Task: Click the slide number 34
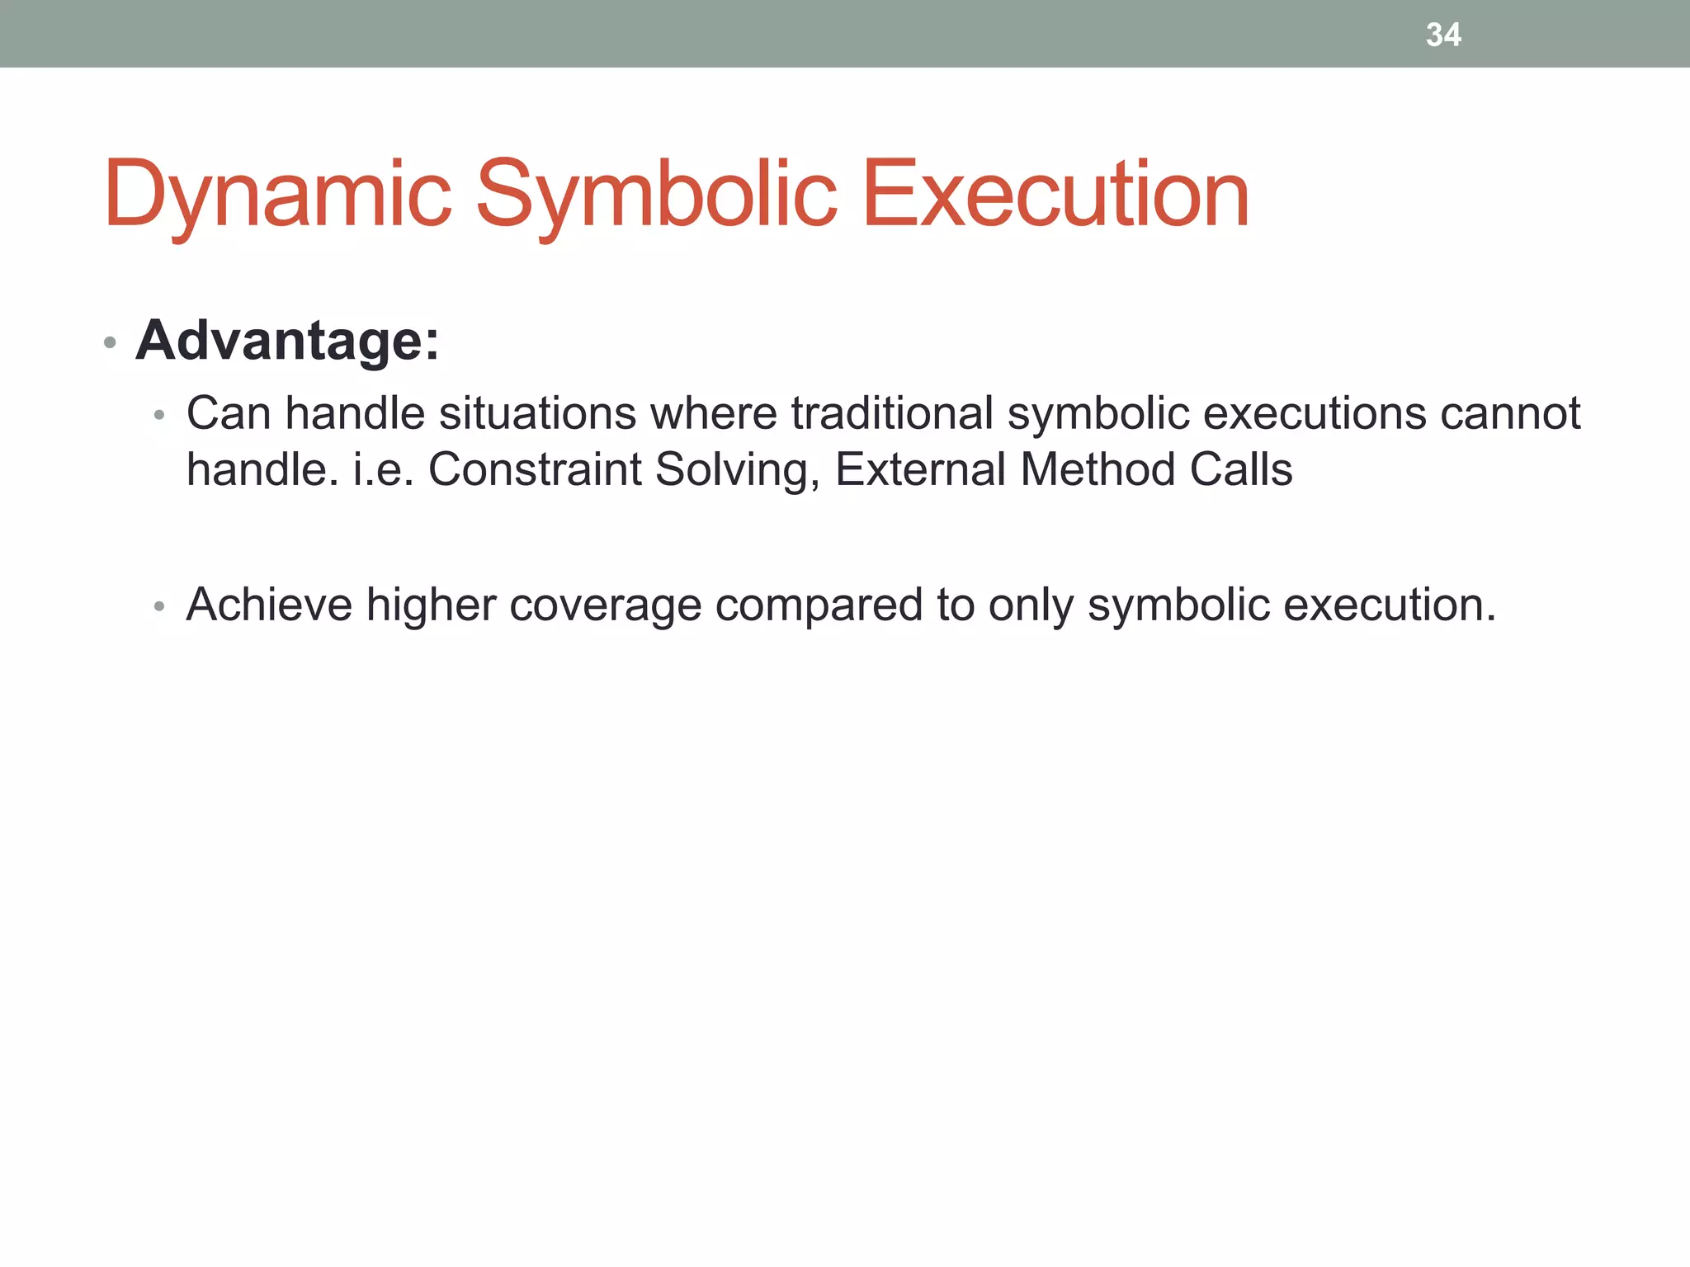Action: click(x=1443, y=35)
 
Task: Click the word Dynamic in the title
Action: click(x=277, y=195)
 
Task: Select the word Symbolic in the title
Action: click(x=656, y=195)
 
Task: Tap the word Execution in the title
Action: click(x=1055, y=195)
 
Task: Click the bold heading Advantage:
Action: click(x=287, y=341)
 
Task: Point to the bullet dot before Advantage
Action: click(x=110, y=342)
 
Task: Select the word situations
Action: click(x=537, y=413)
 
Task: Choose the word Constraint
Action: click(x=535, y=469)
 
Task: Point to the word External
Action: click(x=920, y=469)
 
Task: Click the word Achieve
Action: click(x=269, y=605)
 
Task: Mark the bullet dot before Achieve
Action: click(x=160, y=607)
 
